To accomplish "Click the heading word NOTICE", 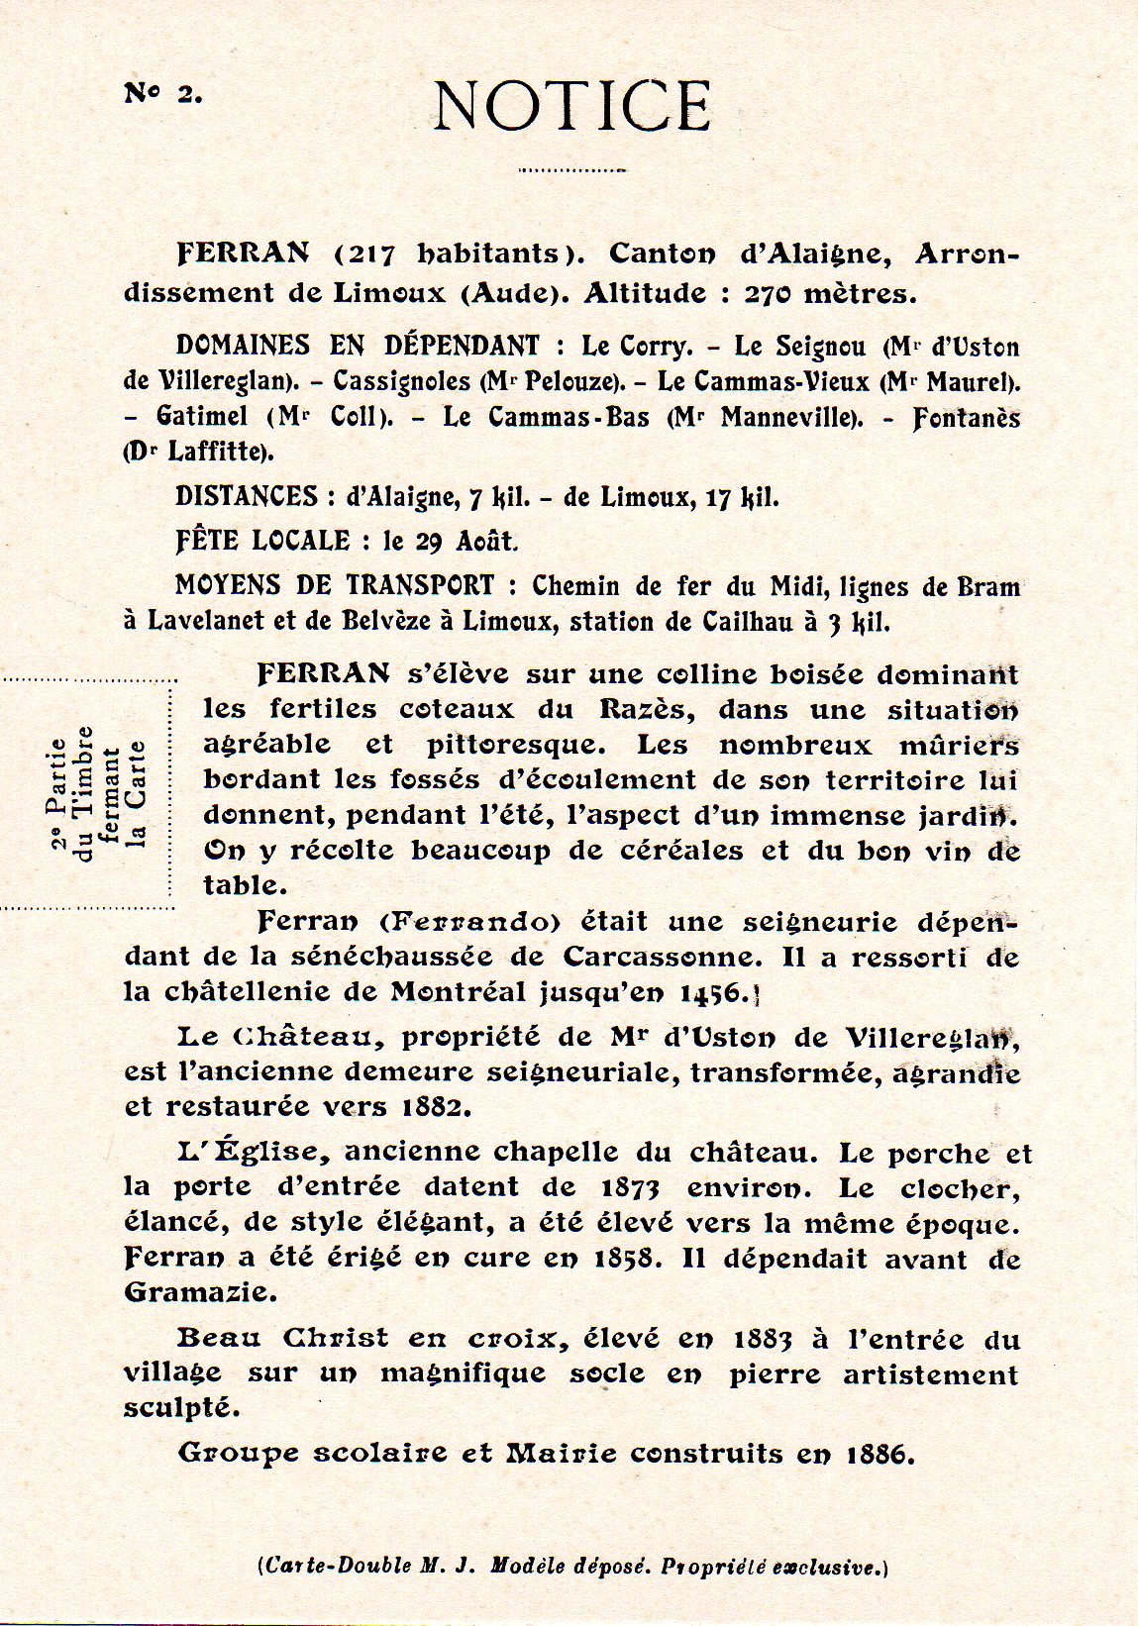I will click(572, 106).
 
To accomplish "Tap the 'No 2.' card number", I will click(162, 94).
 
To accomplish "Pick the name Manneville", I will click(785, 417).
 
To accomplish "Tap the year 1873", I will click(630, 1186).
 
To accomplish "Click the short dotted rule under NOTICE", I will click(572, 170).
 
